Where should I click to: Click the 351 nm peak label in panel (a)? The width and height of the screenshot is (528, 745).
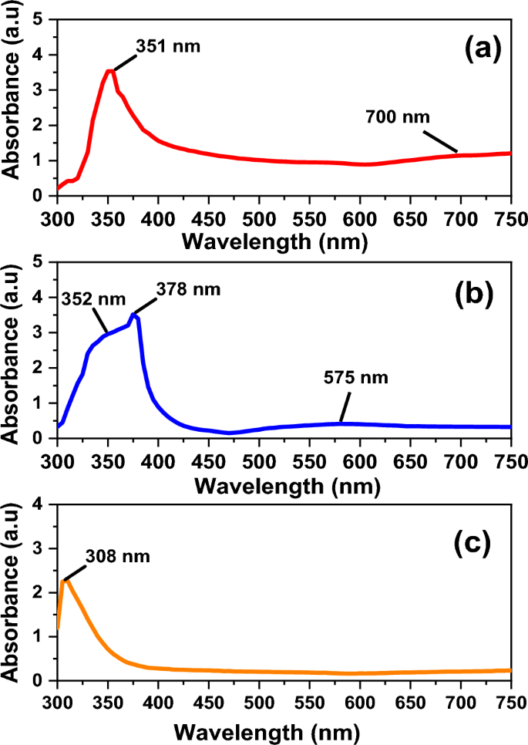pos(167,46)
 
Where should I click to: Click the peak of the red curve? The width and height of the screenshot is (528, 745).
pos(110,70)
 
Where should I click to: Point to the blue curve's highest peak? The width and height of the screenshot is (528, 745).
pos(134,314)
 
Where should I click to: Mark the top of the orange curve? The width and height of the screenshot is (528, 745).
pos(65,580)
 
